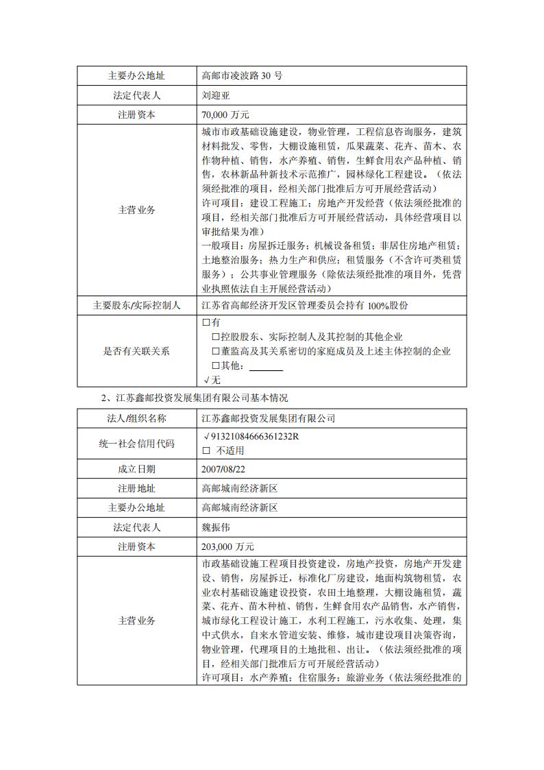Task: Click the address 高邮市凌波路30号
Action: coord(242,75)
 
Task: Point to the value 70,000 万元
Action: coord(226,115)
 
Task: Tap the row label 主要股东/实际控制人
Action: coord(136,305)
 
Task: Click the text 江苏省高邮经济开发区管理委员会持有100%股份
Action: coord(306,305)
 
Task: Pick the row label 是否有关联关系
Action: coord(136,351)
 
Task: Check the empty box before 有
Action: coord(206,322)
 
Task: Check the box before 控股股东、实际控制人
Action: coord(216,337)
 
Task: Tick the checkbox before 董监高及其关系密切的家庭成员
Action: coord(216,351)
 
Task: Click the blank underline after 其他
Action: coord(266,366)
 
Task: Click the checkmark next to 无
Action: coord(206,380)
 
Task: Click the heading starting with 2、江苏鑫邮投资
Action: coord(195,398)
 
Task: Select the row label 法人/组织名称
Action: coord(136,418)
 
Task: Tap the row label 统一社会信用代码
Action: coord(136,444)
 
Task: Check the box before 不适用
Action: coord(206,450)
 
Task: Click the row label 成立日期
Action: coord(136,469)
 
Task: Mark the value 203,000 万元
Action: coord(228,546)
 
